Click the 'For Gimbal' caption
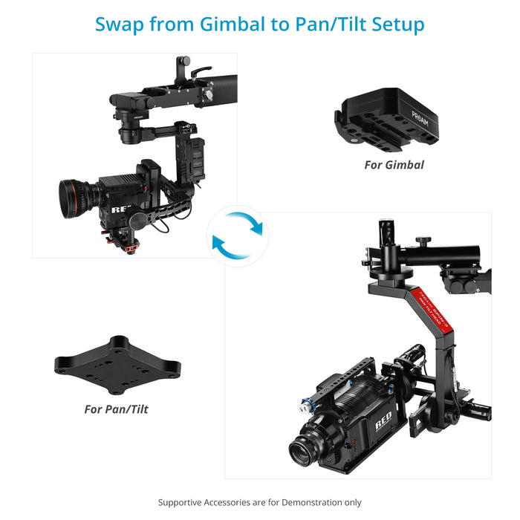pos(394,164)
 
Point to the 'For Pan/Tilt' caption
pos(116,409)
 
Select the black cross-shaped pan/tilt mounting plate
pos(118,365)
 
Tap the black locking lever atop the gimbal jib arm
pos(198,72)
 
